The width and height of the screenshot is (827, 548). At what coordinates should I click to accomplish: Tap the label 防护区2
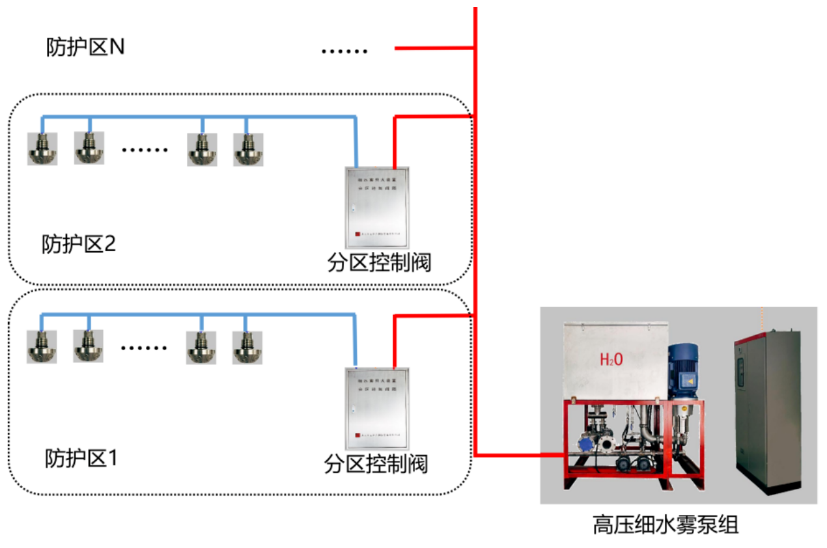[x=79, y=245]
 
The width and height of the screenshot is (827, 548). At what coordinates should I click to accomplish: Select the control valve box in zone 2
[x=376, y=206]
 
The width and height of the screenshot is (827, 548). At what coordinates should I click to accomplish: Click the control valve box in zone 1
[x=377, y=408]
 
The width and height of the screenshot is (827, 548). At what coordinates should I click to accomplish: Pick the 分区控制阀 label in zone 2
[x=379, y=263]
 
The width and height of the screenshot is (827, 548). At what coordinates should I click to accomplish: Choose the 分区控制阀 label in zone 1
[x=376, y=464]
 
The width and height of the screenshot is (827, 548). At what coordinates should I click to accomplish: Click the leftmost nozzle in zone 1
[x=42, y=347]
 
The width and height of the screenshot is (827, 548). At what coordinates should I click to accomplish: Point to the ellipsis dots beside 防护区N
[x=344, y=51]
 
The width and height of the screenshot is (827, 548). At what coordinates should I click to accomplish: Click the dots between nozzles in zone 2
[x=145, y=150]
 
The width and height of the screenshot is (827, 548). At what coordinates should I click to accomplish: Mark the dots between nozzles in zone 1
[x=145, y=348]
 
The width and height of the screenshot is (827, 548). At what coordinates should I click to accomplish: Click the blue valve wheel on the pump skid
[x=585, y=443]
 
